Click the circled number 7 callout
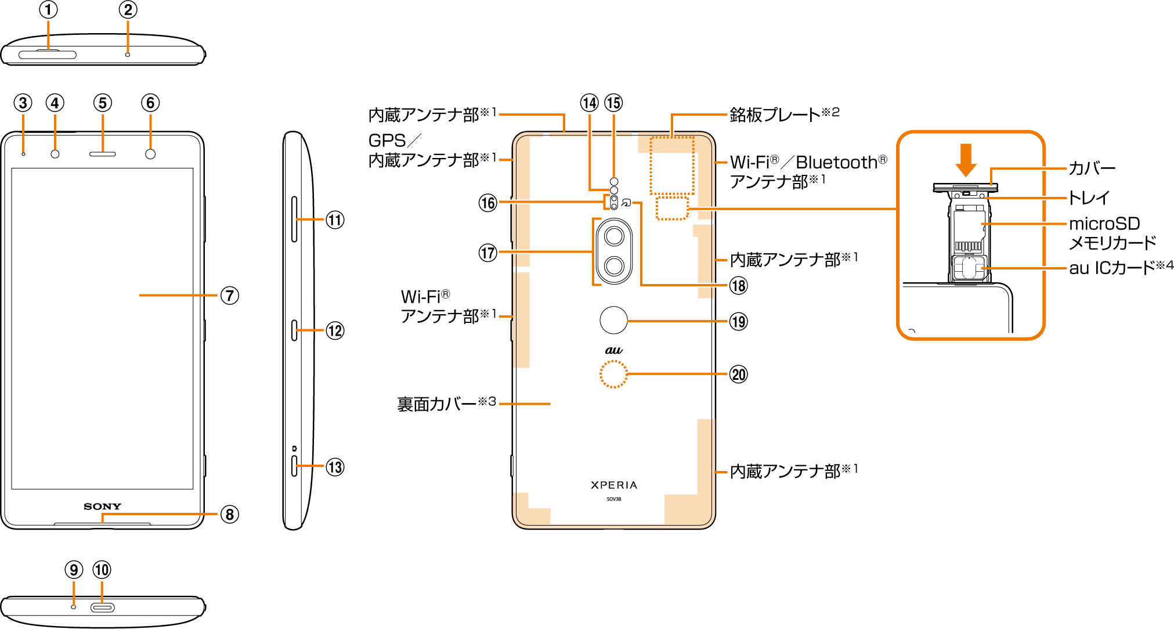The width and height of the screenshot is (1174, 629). pos(230,296)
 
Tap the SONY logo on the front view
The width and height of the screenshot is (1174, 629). pos(102,506)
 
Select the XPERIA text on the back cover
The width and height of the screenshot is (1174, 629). pos(614,485)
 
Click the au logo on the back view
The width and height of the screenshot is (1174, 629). pos(614,350)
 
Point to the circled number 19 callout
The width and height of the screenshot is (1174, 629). pos(738,322)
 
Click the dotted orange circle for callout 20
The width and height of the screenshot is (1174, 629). pos(613,374)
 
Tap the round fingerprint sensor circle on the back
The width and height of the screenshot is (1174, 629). pos(613,320)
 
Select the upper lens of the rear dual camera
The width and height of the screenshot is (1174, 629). pos(614,236)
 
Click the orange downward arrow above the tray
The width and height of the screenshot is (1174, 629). pos(966,160)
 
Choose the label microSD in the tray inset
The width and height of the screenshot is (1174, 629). pos(1104,224)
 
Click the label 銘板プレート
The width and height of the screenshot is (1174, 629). pos(775,114)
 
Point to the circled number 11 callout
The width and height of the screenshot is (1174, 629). pos(335,220)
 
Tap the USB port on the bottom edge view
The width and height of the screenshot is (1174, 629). pos(102,608)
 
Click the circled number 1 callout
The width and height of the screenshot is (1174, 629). pos(49,10)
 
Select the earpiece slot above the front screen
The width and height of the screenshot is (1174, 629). pos(102,154)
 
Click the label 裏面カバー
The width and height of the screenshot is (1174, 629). pos(437,404)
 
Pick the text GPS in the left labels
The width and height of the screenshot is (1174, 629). pos(387,141)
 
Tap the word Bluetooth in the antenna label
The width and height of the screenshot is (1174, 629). pos(836,163)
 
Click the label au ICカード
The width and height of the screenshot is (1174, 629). pos(1112,268)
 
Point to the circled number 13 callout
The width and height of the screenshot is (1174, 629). pos(335,468)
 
